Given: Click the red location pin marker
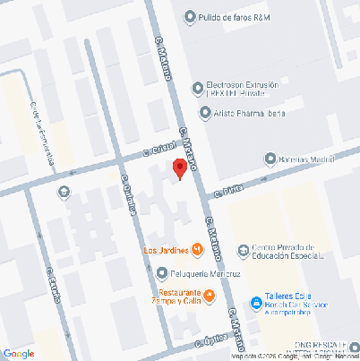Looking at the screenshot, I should pos(179,168).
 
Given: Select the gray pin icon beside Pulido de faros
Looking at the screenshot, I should pos(189,17).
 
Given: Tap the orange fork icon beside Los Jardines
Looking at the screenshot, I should pos(196,249).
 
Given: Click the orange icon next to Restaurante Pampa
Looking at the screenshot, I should pos(210,296).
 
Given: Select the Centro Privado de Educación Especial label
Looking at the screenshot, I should pos(287,254).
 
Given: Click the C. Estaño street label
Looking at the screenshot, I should pos(52,283).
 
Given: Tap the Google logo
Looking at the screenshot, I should pos(19,353).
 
